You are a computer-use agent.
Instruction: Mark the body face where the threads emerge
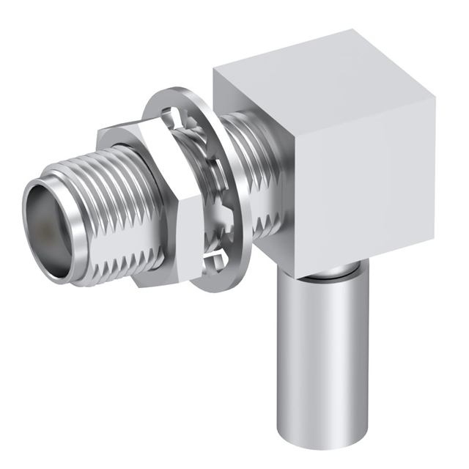coord(253,147)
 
